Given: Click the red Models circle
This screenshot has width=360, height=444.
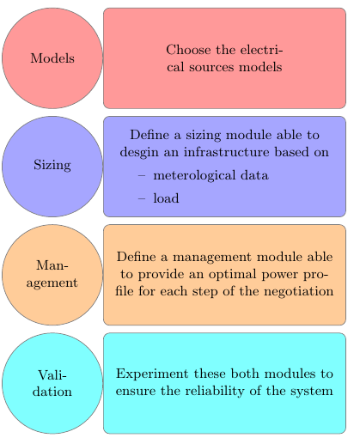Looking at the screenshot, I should (52, 58).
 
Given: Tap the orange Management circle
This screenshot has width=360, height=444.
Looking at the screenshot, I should (52, 275).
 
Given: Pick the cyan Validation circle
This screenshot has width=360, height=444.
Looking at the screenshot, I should (52, 383).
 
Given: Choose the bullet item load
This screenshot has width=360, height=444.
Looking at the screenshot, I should (166, 198).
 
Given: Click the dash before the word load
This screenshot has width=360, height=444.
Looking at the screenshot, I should (142, 198).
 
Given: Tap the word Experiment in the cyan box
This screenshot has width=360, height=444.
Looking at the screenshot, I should (149, 374).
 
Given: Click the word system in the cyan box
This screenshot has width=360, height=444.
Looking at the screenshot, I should (311, 392).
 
